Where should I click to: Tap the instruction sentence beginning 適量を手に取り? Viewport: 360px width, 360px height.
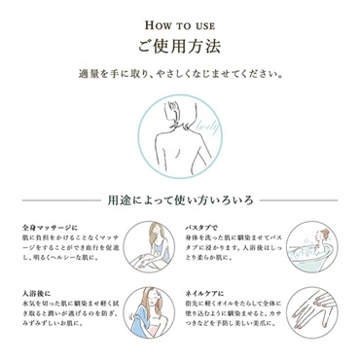tap(180, 74)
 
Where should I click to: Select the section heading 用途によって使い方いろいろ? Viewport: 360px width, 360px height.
tap(181, 201)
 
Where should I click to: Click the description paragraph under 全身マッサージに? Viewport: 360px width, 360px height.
tap(68, 250)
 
